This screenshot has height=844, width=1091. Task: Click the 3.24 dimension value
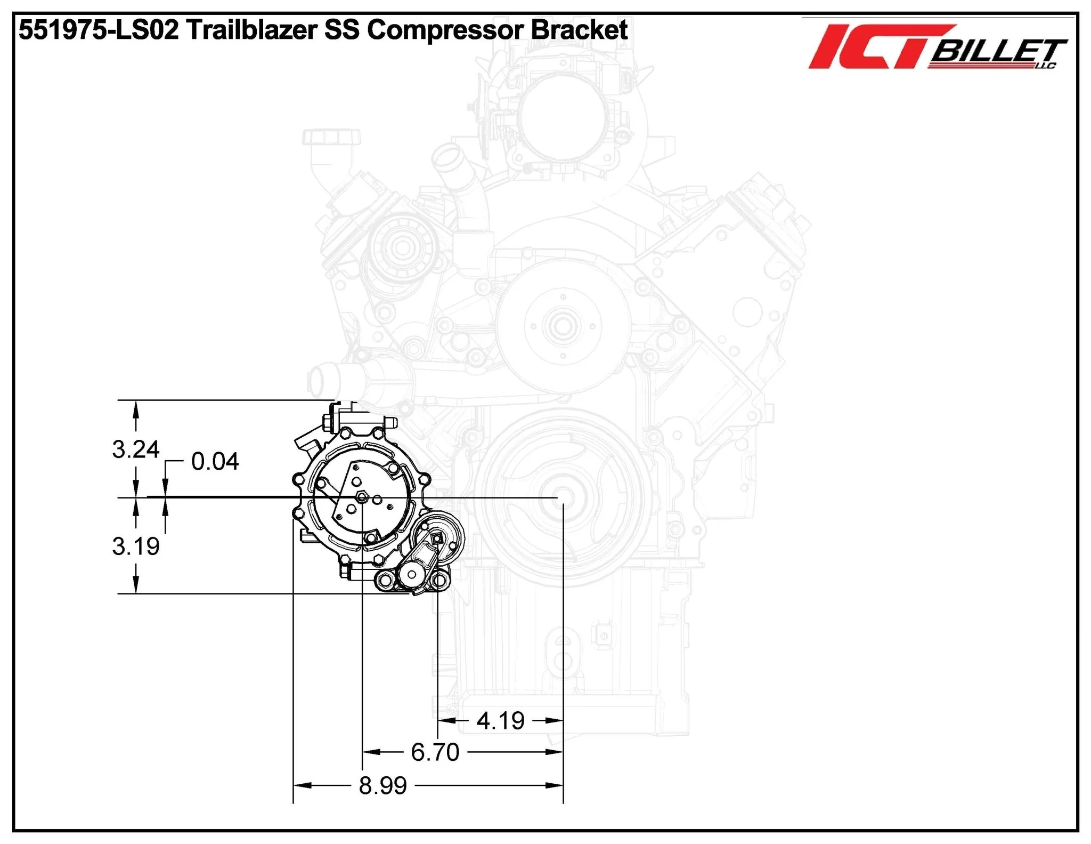[x=135, y=449]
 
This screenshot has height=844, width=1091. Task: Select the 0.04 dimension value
[x=215, y=462]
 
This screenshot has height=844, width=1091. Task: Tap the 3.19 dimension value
[x=135, y=546]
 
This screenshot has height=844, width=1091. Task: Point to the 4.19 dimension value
[x=500, y=721]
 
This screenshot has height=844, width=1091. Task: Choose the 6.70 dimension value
[x=435, y=752]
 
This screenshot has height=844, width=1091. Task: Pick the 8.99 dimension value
[x=382, y=785]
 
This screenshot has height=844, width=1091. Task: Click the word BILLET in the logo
[x=997, y=52]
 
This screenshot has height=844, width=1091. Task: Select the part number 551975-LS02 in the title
[x=99, y=30]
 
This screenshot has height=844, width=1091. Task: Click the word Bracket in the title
[x=579, y=30]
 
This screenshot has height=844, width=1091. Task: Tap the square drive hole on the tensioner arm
[x=437, y=539]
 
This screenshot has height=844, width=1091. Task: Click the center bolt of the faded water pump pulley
[x=560, y=326]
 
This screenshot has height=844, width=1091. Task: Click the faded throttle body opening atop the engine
[x=564, y=116]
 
